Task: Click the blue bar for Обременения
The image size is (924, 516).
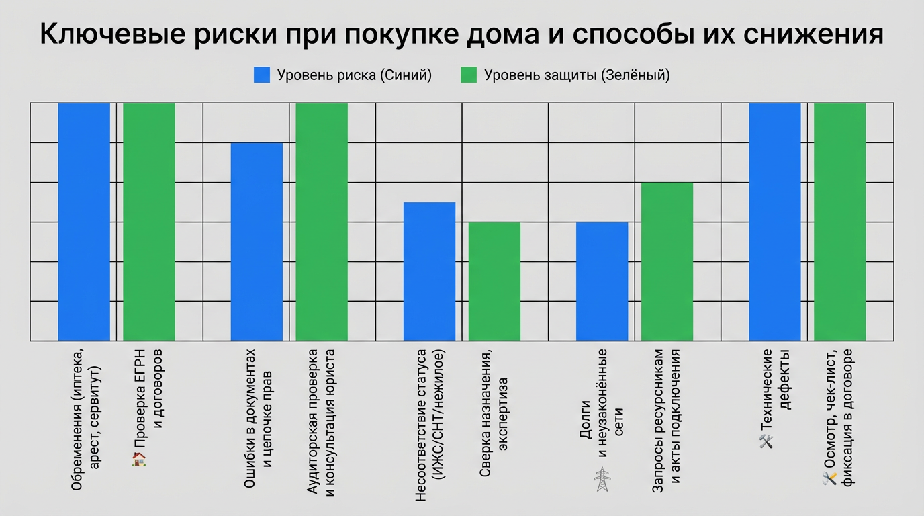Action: point(84,222)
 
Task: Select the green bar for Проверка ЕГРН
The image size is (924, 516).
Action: point(149,222)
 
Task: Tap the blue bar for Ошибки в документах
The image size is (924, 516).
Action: point(257,242)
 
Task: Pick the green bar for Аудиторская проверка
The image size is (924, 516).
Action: point(322,222)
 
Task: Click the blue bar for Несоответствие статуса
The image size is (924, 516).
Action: point(429,271)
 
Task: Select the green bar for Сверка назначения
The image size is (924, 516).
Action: point(494,282)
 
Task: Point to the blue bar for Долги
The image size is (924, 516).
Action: point(602,282)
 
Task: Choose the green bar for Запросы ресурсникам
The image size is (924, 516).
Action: point(667,261)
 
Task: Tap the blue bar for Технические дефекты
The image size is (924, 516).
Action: point(775,222)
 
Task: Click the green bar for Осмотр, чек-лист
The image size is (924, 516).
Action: point(839,222)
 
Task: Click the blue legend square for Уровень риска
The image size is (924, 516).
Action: point(262,75)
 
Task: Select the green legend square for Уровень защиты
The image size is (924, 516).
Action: point(469,75)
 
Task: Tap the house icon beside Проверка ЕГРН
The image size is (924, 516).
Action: point(139,460)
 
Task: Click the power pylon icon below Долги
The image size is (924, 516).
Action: point(602,480)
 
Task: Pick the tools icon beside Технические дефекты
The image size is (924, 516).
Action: point(766,441)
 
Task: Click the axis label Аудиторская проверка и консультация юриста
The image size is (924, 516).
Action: point(321,422)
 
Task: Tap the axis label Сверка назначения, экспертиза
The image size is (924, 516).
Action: point(494,413)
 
